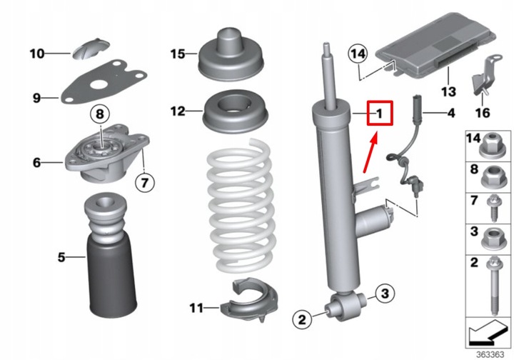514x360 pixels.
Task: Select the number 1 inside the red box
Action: click(380, 113)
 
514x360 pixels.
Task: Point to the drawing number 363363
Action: click(488, 352)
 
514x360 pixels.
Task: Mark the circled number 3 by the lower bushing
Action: click(385, 293)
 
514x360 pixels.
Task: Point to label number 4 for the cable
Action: click(450, 113)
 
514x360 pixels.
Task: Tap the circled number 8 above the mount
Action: click(101, 113)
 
